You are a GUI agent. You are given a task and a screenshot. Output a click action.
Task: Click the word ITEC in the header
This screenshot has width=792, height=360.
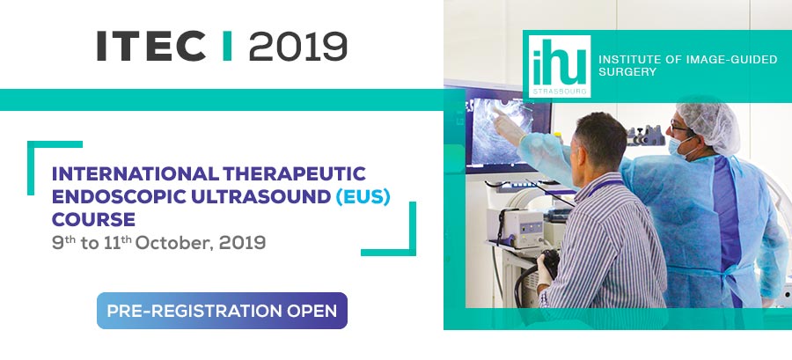151,46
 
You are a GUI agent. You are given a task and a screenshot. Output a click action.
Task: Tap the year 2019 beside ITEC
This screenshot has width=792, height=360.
298,46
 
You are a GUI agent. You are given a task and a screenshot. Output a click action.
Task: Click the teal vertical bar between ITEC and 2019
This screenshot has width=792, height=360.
227,46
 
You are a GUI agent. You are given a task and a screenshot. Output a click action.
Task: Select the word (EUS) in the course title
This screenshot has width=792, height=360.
363,196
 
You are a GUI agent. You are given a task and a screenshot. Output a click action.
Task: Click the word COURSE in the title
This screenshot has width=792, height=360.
93,219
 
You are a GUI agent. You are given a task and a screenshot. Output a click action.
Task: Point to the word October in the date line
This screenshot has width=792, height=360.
172,243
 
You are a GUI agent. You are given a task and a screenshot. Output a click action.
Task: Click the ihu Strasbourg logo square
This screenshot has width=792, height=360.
560,66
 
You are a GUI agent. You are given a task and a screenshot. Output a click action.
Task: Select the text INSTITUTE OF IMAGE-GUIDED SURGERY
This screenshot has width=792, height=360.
687,66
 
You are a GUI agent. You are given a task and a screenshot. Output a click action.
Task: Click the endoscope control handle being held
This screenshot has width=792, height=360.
548,265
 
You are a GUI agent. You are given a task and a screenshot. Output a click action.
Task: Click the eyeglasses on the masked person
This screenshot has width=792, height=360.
679,129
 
